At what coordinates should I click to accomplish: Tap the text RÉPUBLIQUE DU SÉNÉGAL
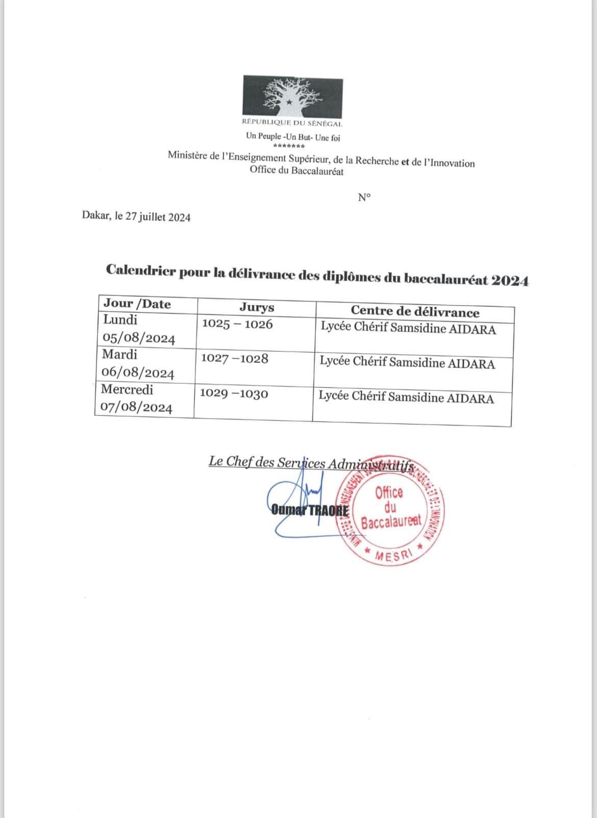[292, 123]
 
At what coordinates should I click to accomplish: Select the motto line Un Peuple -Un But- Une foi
[293, 137]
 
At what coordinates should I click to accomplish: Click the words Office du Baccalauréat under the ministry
[296, 171]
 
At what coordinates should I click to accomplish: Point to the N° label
[364, 197]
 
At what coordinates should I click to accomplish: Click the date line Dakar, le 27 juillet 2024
[136, 217]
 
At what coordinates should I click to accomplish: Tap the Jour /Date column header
[137, 304]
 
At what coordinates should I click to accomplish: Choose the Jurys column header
[257, 307]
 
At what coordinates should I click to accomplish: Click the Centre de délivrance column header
[415, 312]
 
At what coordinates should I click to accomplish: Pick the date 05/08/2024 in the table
[139, 338]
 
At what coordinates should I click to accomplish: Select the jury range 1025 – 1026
[237, 324]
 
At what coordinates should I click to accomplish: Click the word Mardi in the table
[119, 354]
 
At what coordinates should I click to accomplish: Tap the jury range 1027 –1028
[234, 359]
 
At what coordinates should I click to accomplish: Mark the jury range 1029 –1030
[234, 394]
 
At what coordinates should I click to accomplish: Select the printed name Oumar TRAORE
[310, 510]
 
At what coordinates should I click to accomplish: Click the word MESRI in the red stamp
[392, 557]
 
